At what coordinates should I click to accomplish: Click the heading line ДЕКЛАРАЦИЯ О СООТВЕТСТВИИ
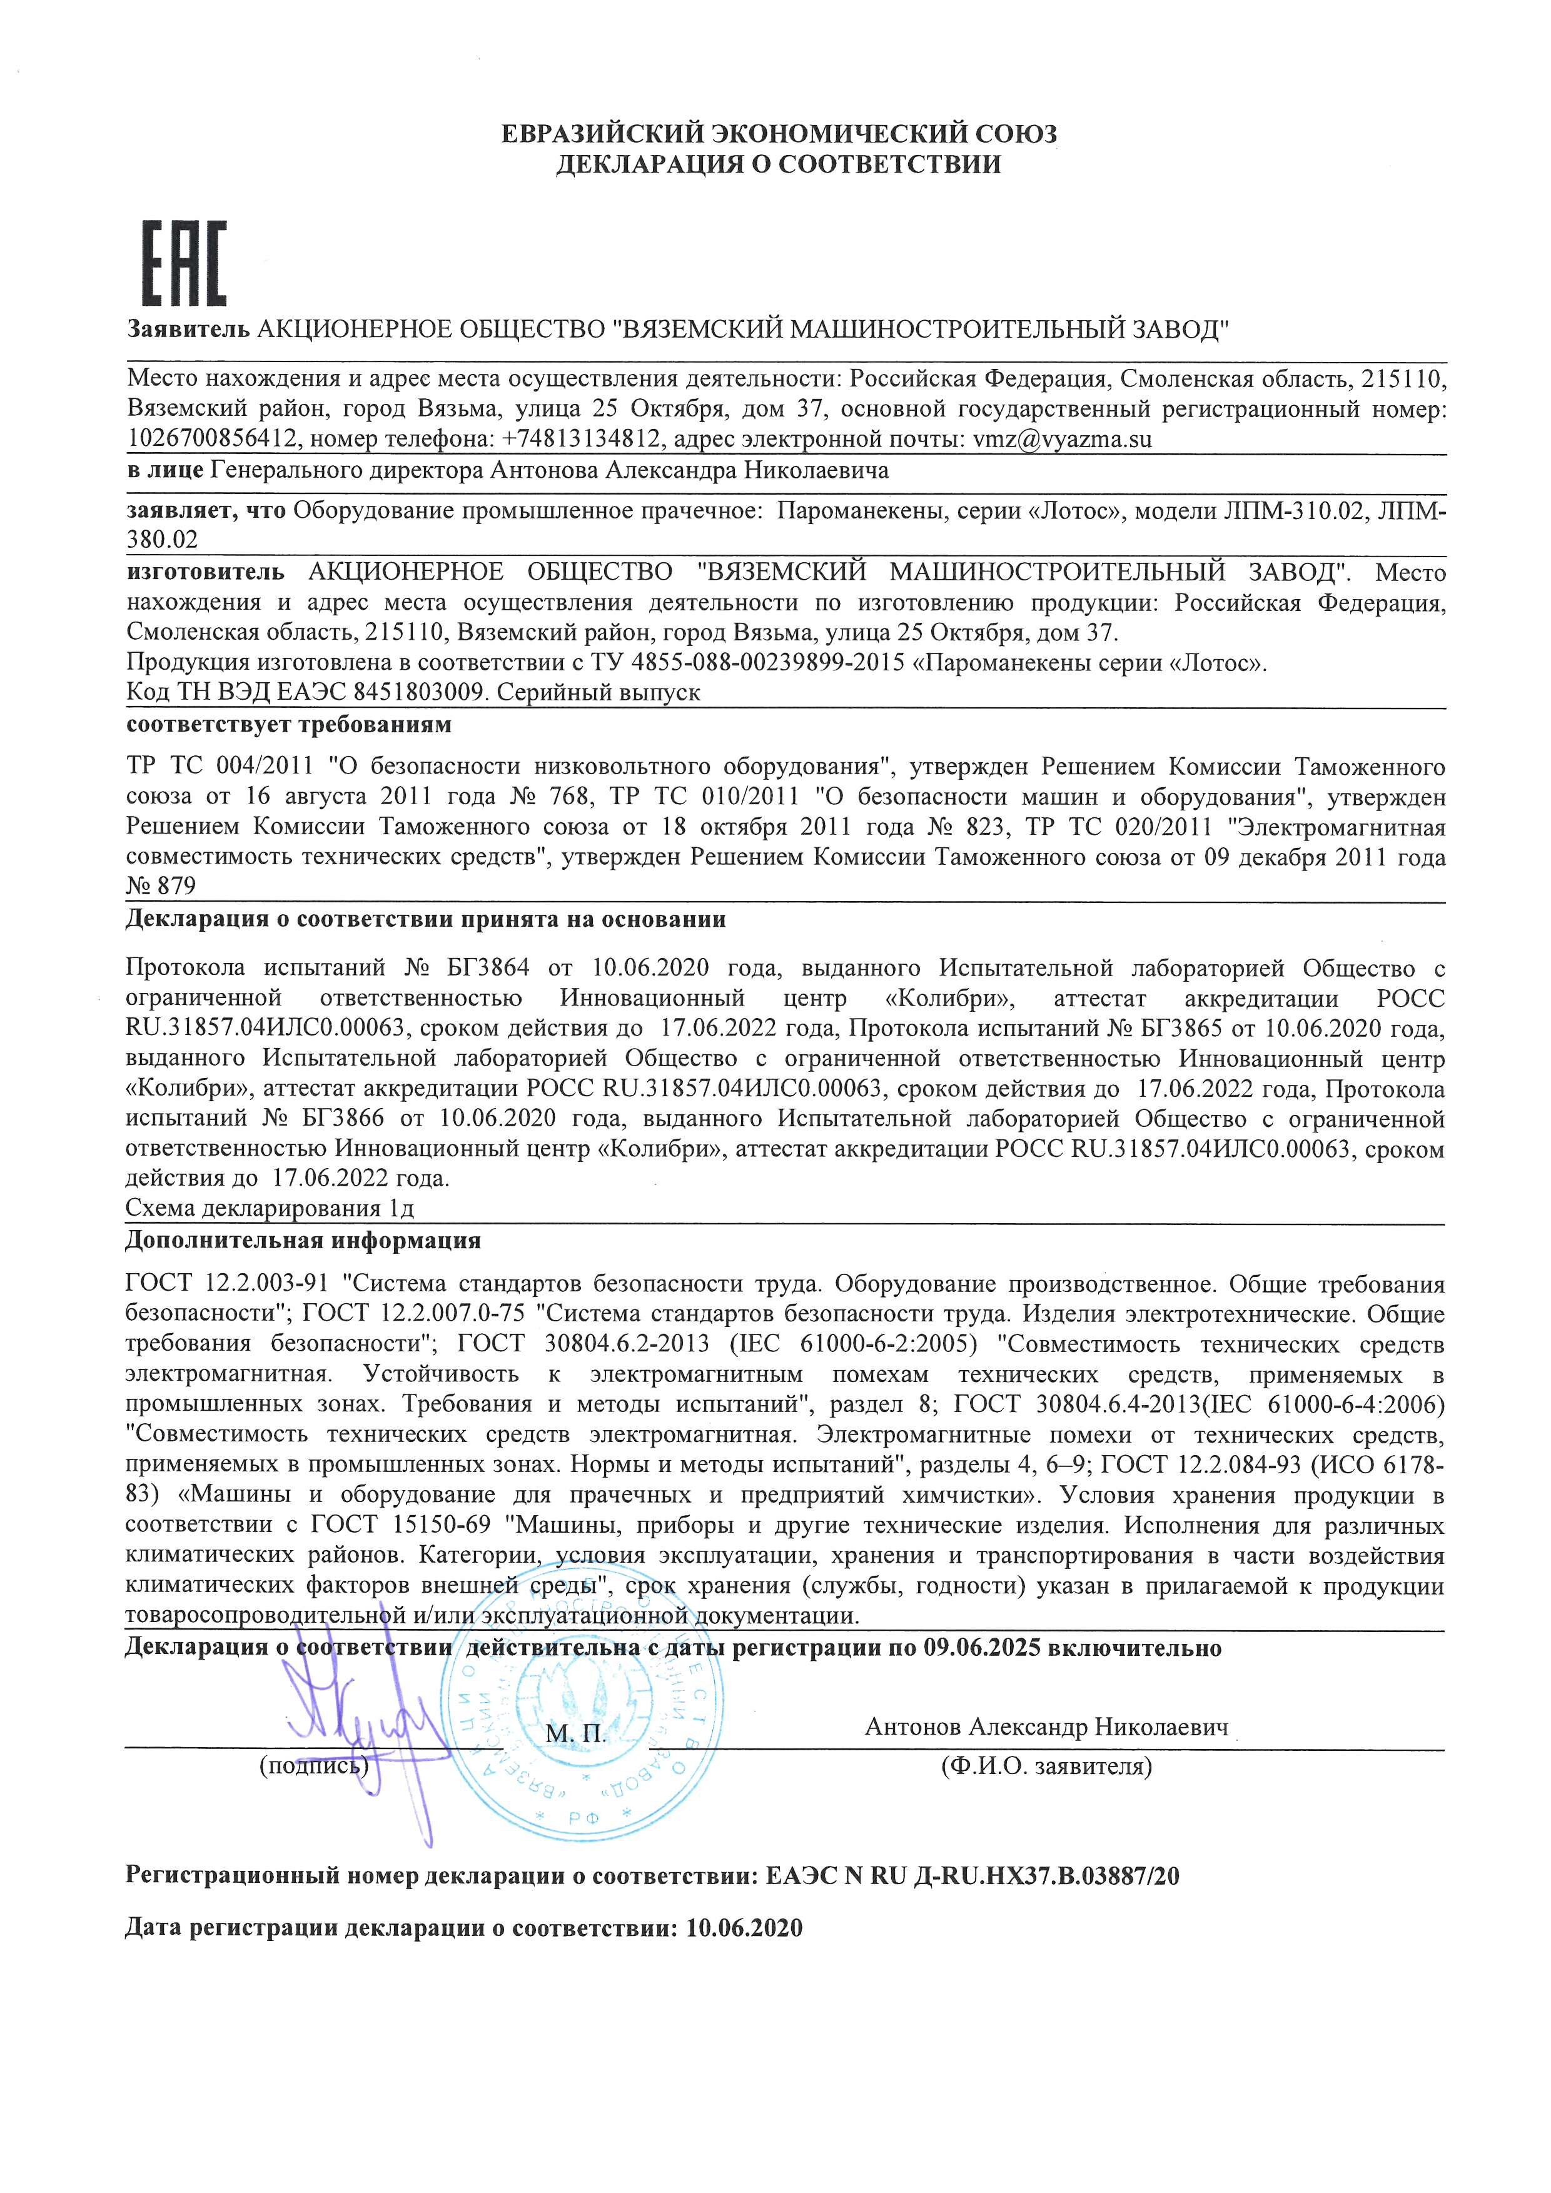pyautogui.click(x=779, y=164)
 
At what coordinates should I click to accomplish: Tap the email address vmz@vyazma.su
pyautogui.click(x=1062, y=440)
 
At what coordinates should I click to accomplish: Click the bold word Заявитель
pyautogui.click(x=188, y=330)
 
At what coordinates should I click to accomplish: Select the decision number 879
pyautogui.click(x=177, y=886)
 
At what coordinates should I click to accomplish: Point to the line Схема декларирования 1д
pyautogui.click(x=270, y=1208)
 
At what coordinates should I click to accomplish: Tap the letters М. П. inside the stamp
pyautogui.click(x=576, y=1735)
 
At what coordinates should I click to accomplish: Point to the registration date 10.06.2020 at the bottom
pyautogui.click(x=744, y=1928)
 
